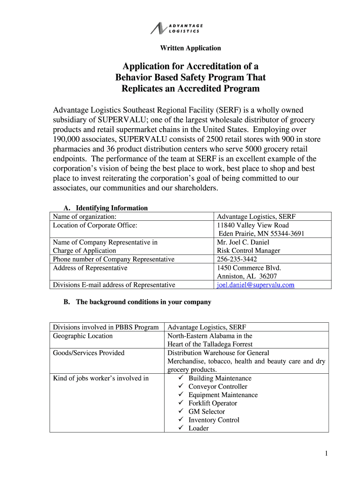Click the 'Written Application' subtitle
[x=190, y=48]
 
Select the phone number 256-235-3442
[x=237, y=259]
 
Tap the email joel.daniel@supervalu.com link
[x=255, y=284]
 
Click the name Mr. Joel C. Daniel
[x=243, y=242]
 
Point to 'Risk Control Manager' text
[x=248, y=251]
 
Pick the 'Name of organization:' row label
[x=85, y=217]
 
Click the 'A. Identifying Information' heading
[x=106, y=208]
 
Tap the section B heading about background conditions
[x=137, y=302]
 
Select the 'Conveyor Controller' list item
[x=217, y=386]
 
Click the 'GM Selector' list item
[x=206, y=412]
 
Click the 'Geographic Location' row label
[x=83, y=336]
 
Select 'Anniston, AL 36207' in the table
[x=244, y=276]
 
